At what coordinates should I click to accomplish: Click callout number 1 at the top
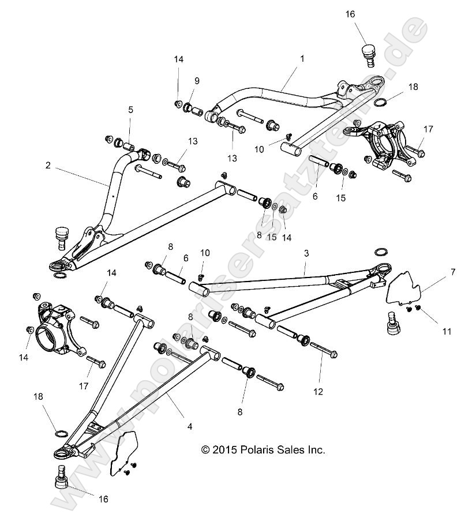(x=302, y=59)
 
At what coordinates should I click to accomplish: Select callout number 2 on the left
(x=48, y=165)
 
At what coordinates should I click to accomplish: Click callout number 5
(x=131, y=109)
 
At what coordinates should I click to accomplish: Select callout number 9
(x=197, y=80)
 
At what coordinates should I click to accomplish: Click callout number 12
(x=318, y=391)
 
